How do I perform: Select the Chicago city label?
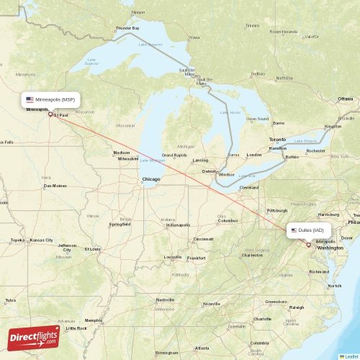(x=151, y=179)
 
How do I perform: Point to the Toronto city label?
(x=277, y=138)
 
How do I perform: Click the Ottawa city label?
(x=346, y=98)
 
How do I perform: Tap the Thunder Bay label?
(x=127, y=28)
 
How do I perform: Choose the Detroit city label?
(x=210, y=171)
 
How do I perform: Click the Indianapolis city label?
(x=178, y=225)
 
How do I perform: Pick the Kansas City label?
(x=42, y=239)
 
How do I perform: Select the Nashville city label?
(x=166, y=300)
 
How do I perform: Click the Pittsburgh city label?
(x=277, y=210)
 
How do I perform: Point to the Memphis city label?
(x=93, y=320)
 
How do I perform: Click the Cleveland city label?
(x=249, y=187)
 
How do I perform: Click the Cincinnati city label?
(x=203, y=238)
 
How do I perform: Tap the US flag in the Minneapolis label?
(x=30, y=99)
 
